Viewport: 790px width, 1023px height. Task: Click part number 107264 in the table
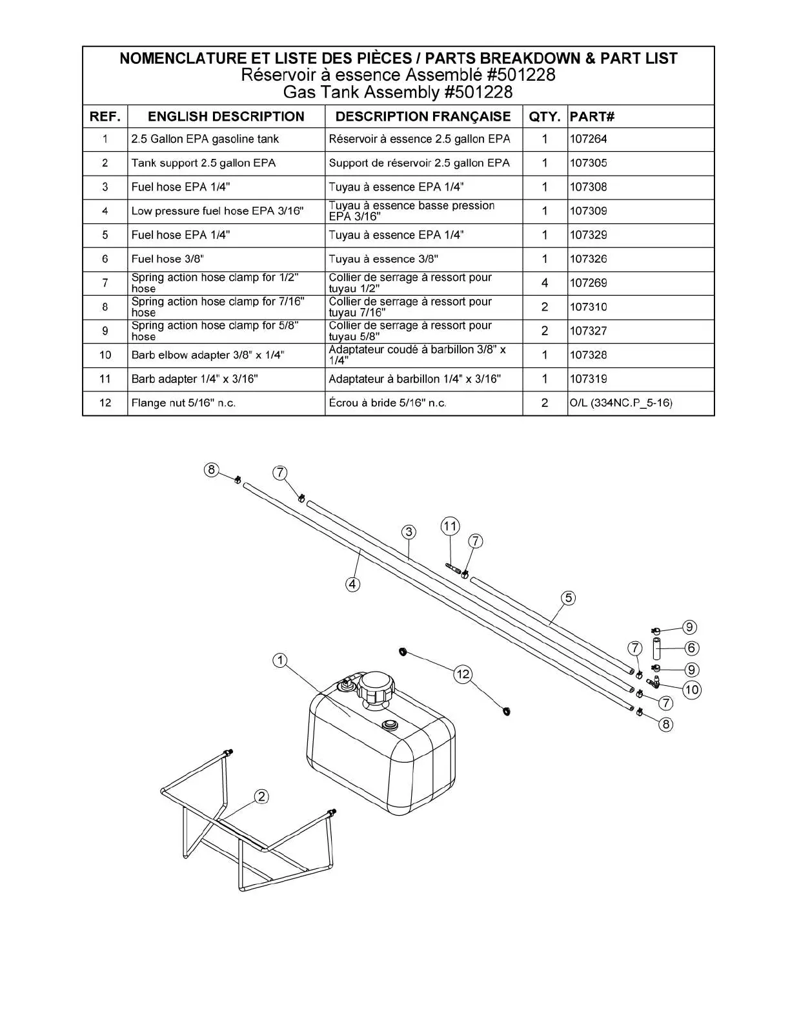pos(588,139)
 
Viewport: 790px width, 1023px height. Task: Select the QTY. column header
pos(544,116)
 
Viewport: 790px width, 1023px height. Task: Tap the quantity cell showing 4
pos(544,283)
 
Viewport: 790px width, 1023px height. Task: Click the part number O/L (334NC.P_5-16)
pos(620,403)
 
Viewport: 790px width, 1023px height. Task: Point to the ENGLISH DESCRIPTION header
pos(226,116)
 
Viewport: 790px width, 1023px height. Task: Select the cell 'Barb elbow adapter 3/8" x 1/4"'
pos(208,355)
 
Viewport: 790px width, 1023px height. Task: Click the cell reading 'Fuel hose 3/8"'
pos(168,259)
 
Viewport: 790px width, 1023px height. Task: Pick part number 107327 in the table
pos(588,331)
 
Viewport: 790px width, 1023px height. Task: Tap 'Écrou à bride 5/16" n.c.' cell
pos(387,403)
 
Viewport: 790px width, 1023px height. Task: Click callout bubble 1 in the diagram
pos(279,660)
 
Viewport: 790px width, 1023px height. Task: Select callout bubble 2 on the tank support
pos(261,796)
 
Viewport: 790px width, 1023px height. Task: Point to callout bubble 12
pos(463,674)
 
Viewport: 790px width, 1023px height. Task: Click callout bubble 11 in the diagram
pos(450,526)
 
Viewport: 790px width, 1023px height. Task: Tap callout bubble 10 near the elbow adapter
pos(691,690)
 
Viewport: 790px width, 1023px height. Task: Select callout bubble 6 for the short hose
pos(691,648)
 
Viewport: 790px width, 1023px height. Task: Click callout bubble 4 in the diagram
pos(352,584)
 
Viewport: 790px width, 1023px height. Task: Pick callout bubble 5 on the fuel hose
pos(569,598)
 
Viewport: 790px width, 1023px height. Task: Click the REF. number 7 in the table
pos(105,283)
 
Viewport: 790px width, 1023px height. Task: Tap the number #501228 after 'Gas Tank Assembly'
pos(478,92)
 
